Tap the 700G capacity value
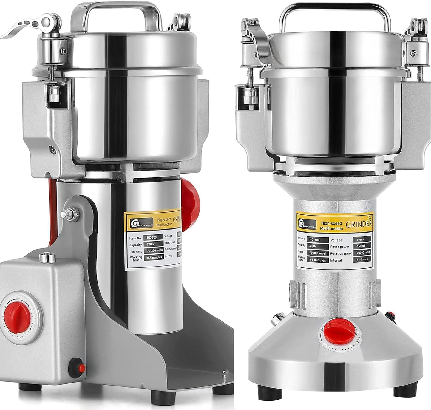[x=153, y=245]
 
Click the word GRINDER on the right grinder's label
[x=359, y=224]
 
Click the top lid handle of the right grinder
[x=335, y=12]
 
